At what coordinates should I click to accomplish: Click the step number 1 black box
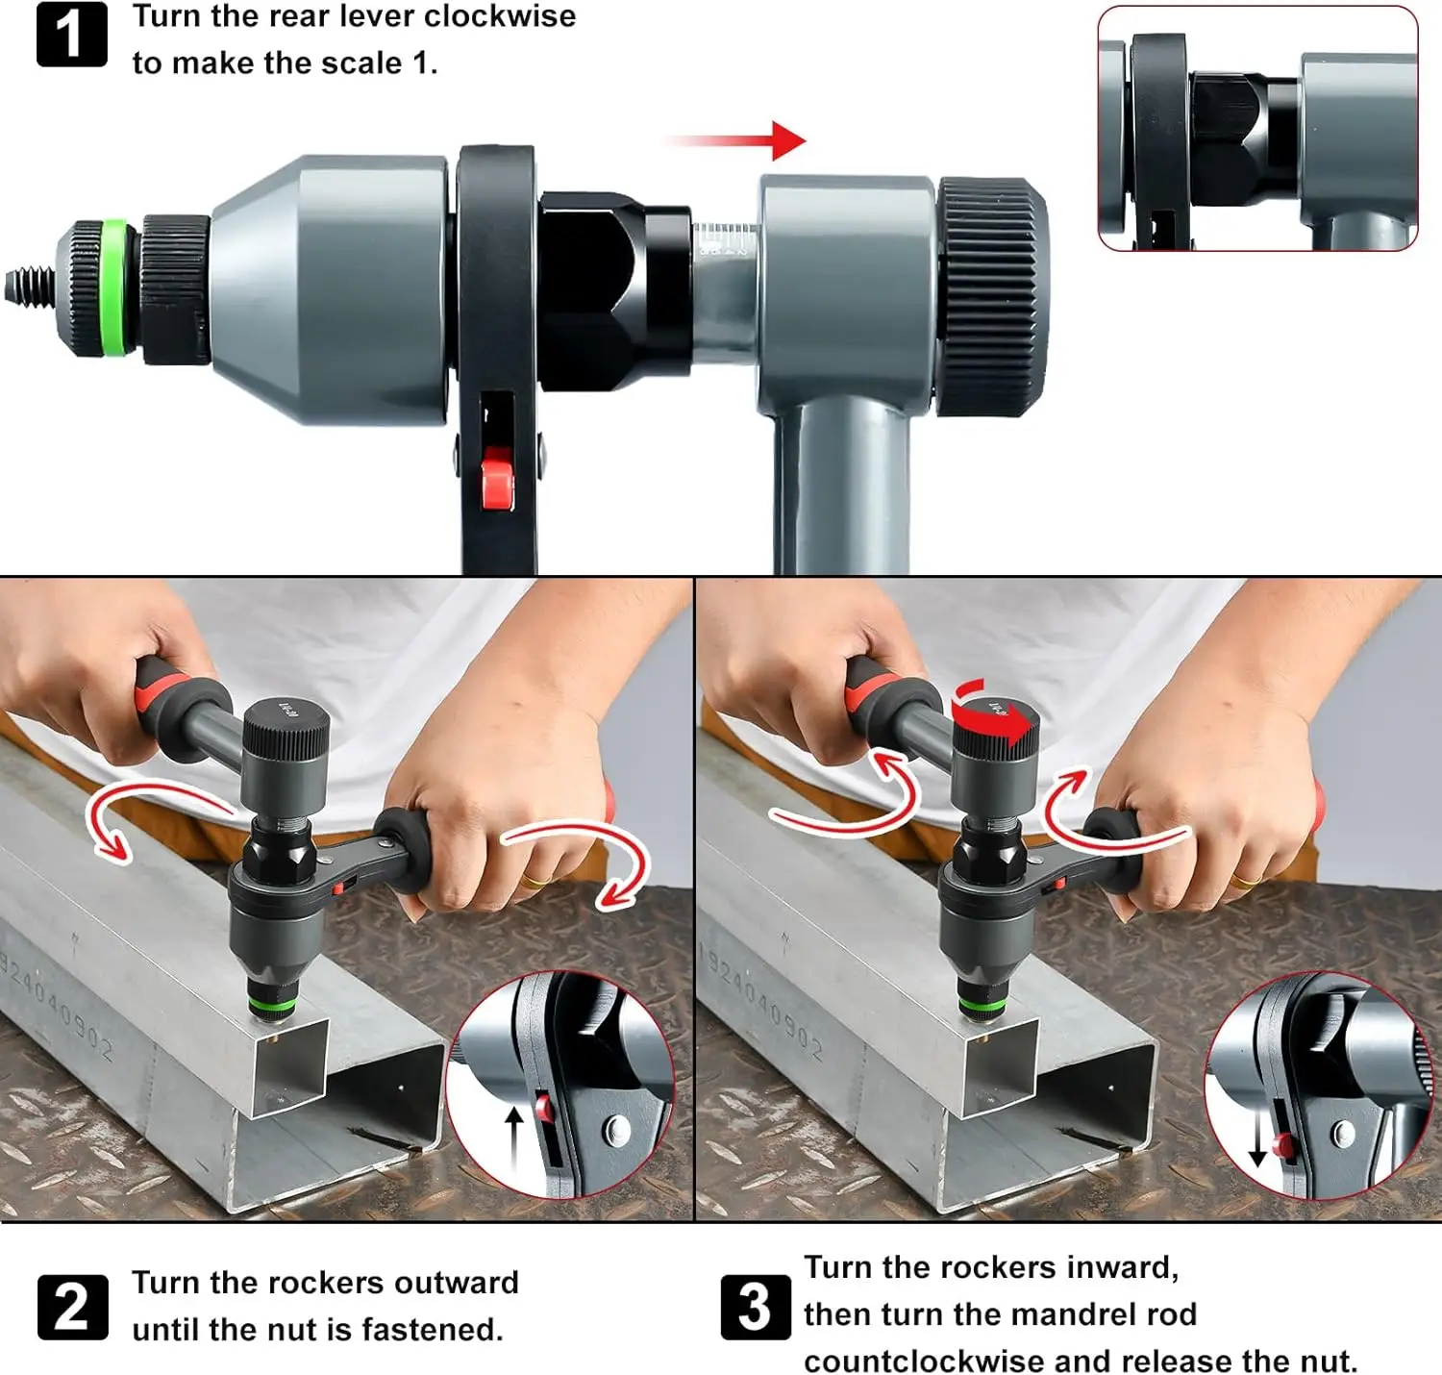pyautogui.click(x=71, y=35)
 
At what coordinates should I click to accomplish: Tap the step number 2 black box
pyautogui.click(x=72, y=1307)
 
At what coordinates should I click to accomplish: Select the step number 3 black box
pyautogui.click(x=755, y=1307)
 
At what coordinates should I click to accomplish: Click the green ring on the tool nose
pyautogui.click(x=113, y=287)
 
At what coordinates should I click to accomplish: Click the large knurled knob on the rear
pyautogui.click(x=992, y=296)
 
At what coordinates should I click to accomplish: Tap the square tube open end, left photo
pyautogui.click(x=288, y=1066)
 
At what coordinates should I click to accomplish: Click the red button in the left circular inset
pyautogui.click(x=544, y=1109)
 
